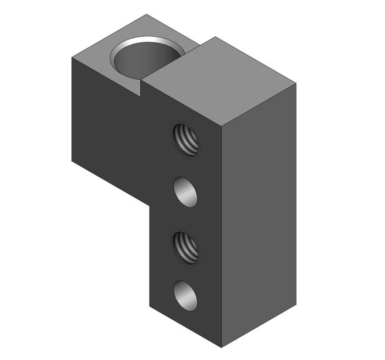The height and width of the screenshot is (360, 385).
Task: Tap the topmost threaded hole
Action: [x=186, y=139]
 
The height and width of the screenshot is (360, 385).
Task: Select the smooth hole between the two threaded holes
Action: [x=186, y=192]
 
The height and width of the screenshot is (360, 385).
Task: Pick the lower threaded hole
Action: [x=186, y=247]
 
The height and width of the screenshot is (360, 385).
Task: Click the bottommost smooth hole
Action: [x=186, y=296]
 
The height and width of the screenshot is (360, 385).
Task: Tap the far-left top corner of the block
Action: [x=72, y=57]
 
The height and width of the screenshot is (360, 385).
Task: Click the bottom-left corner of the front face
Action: [x=150, y=304]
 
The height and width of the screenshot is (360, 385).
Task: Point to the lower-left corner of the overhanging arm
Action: [x=72, y=160]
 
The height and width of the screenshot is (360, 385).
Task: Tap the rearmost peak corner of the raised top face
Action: [x=215, y=37]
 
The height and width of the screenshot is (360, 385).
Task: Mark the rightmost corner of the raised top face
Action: [x=296, y=84]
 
